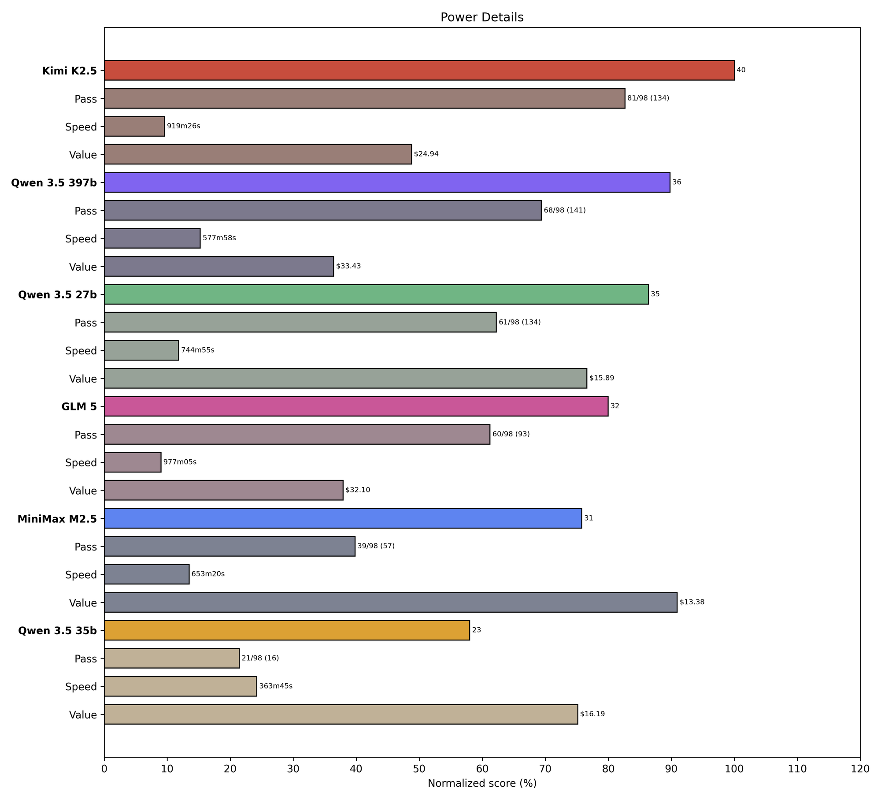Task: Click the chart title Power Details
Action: click(482, 17)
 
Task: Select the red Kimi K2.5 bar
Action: click(419, 70)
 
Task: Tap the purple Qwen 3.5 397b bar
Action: click(387, 182)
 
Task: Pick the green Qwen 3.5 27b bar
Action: click(376, 294)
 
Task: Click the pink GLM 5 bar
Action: click(356, 406)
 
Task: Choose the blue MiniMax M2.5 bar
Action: click(343, 518)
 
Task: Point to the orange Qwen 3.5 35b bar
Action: click(287, 630)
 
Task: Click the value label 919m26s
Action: click(183, 126)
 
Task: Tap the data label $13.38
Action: click(692, 602)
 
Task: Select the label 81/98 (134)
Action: click(648, 98)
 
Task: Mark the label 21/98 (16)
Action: click(260, 658)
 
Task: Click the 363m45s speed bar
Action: click(180, 686)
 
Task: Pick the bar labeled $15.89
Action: click(345, 378)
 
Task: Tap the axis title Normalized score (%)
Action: click(482, 783)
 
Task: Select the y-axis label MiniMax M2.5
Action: click(57, 519)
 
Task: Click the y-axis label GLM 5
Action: click(79, 406)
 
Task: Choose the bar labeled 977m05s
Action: click(133, 462)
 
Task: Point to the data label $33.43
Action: click(348, 266)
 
